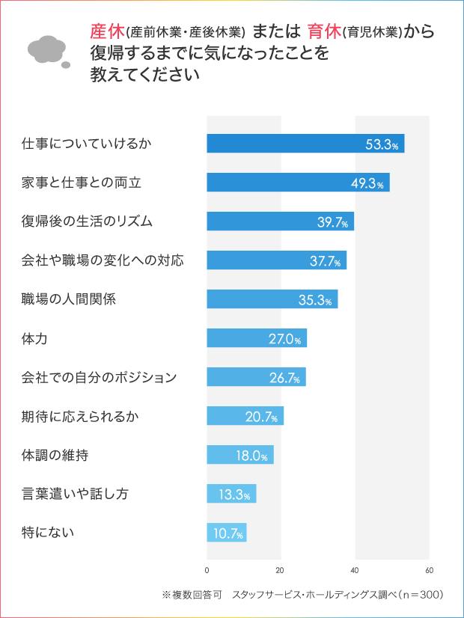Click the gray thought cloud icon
49,50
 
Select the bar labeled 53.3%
305,144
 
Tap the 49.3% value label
367,183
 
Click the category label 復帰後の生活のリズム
87,221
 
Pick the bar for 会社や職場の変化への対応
276,260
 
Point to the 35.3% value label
315,300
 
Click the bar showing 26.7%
256,377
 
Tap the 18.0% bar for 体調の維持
239,455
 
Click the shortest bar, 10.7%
226,533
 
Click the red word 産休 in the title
106,31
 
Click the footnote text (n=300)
418,596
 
